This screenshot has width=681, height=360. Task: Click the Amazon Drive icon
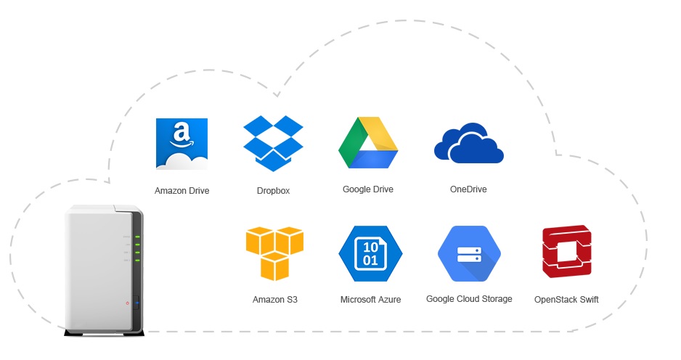point(182,144)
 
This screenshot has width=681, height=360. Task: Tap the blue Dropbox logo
point(273,143)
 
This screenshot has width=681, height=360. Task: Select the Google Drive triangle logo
point(368,143)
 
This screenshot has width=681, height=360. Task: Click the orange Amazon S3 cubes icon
point(274,253)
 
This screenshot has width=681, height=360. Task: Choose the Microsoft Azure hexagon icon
point(370,253)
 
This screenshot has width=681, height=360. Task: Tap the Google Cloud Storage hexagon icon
point(469,254)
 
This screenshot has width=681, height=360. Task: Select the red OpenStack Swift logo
point(566,252)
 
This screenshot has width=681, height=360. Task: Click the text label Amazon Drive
point(182,191)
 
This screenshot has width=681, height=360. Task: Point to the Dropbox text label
point(273,191)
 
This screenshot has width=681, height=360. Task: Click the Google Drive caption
point(368,189)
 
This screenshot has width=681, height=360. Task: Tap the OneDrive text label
point(468,189)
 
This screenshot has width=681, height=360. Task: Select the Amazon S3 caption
point(275,299)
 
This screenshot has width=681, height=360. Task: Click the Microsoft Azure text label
point(370,299)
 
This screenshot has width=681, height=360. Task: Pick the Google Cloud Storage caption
point(469,298)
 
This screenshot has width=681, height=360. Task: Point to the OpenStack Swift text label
point(566,299)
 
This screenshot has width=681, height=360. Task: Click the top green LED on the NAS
point(136,237)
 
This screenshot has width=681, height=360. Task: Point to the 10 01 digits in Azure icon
point(370,253)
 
